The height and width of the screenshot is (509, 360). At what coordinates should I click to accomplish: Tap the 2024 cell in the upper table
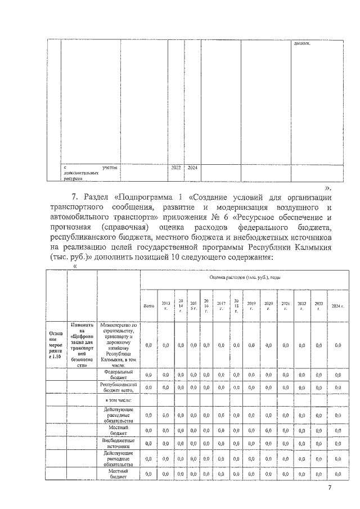point(192,168)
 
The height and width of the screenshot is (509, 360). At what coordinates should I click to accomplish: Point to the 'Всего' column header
point(149,306)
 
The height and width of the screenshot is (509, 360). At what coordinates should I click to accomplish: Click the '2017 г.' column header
point(221,306)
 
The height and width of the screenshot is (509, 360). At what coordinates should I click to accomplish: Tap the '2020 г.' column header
point(268,306)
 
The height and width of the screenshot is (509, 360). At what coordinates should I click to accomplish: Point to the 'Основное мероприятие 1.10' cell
point(56,344)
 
